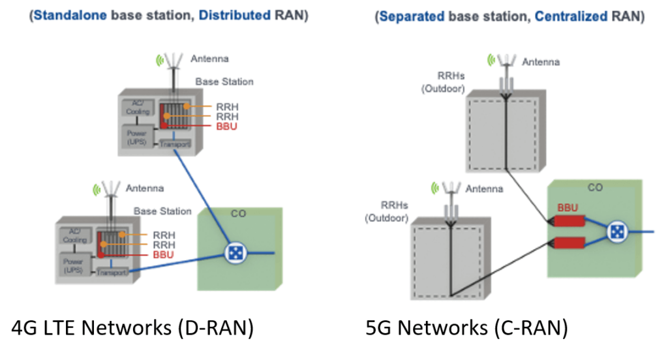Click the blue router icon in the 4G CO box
point(233,253)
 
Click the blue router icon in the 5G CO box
point(616,232)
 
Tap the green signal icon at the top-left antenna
point(159,61)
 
